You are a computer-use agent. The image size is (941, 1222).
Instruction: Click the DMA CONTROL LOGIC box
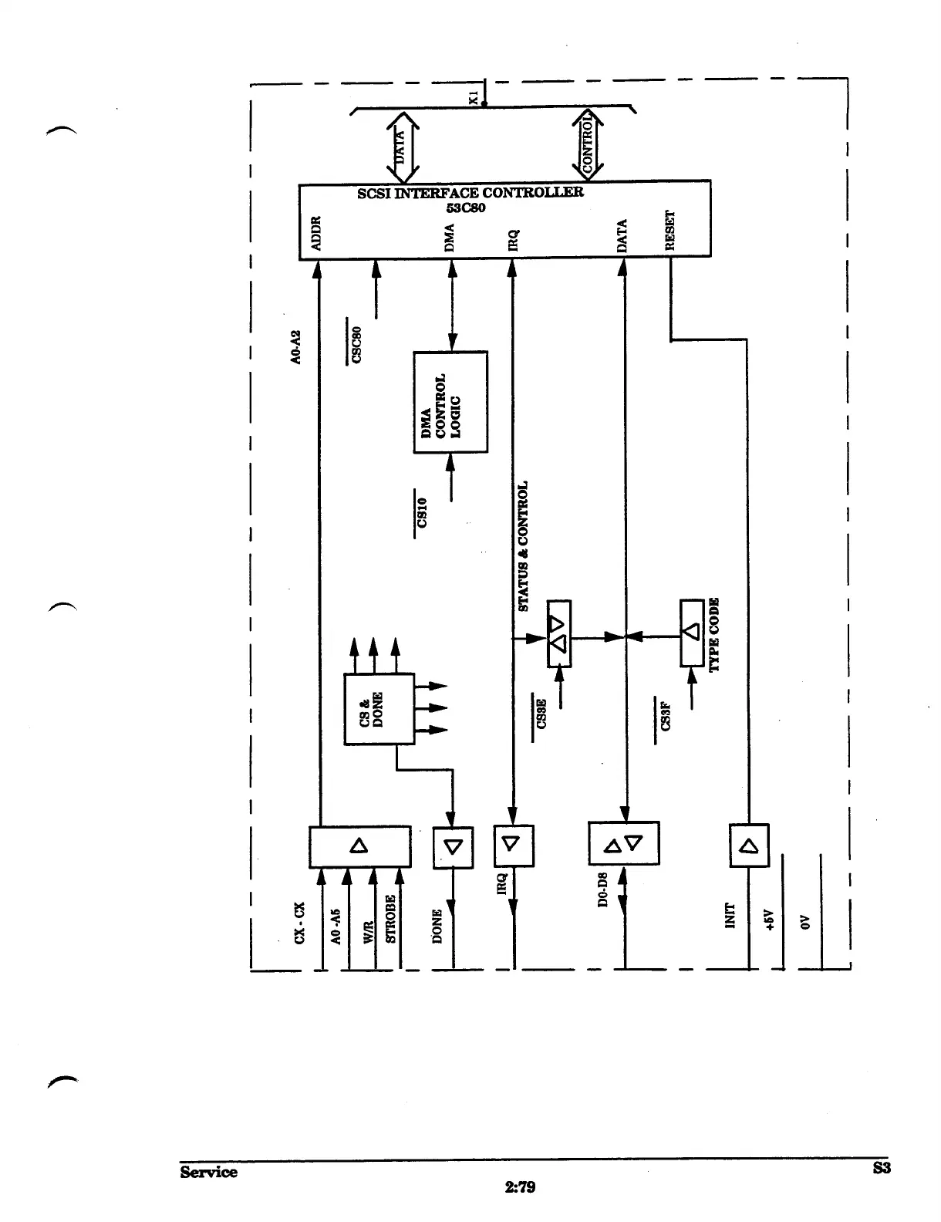(450, 402)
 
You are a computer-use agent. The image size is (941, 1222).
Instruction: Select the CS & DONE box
(379, 707)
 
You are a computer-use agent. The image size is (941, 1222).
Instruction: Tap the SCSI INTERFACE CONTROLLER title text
(470, 192)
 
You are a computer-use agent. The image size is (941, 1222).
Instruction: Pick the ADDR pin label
(316, 234)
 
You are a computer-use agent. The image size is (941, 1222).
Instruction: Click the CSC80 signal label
(356, 344)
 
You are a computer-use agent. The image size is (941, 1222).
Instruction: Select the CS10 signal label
(422, 511)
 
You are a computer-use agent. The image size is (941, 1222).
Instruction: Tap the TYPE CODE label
(713, 634)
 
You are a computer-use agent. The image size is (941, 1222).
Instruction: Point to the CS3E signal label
(541, 714)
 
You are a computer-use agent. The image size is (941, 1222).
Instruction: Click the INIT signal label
(730, 916)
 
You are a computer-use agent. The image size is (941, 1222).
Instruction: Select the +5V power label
(768, 921)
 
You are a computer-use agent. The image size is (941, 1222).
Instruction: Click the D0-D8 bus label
(604, 889)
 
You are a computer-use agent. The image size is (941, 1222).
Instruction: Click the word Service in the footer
(208, 1172)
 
